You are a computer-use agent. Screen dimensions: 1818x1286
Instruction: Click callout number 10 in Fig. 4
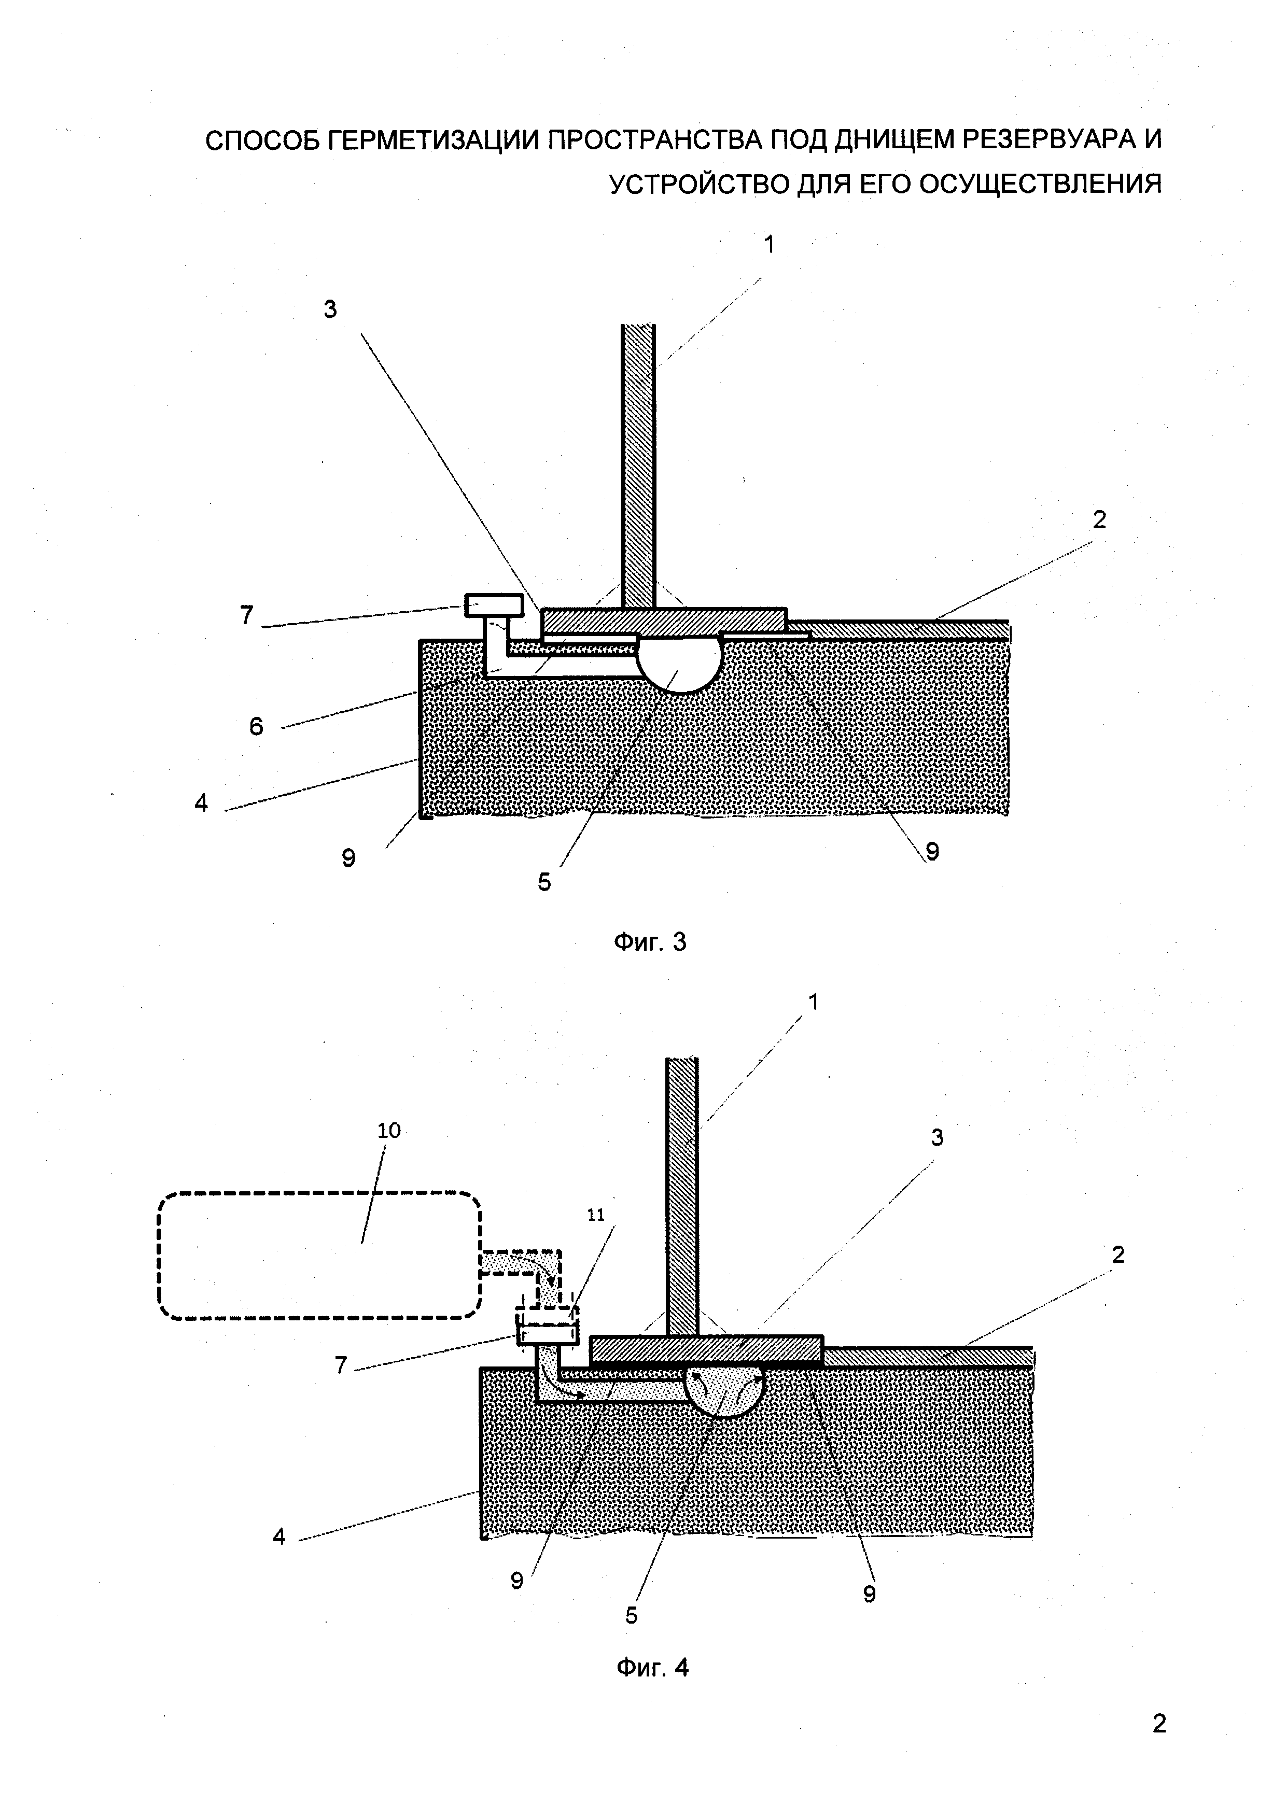389,1131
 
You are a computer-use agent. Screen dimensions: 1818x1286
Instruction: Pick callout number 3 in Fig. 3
330,309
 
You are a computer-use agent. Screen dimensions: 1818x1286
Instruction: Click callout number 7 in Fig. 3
247,614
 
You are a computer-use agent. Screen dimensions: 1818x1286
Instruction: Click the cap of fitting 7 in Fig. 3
493,605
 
